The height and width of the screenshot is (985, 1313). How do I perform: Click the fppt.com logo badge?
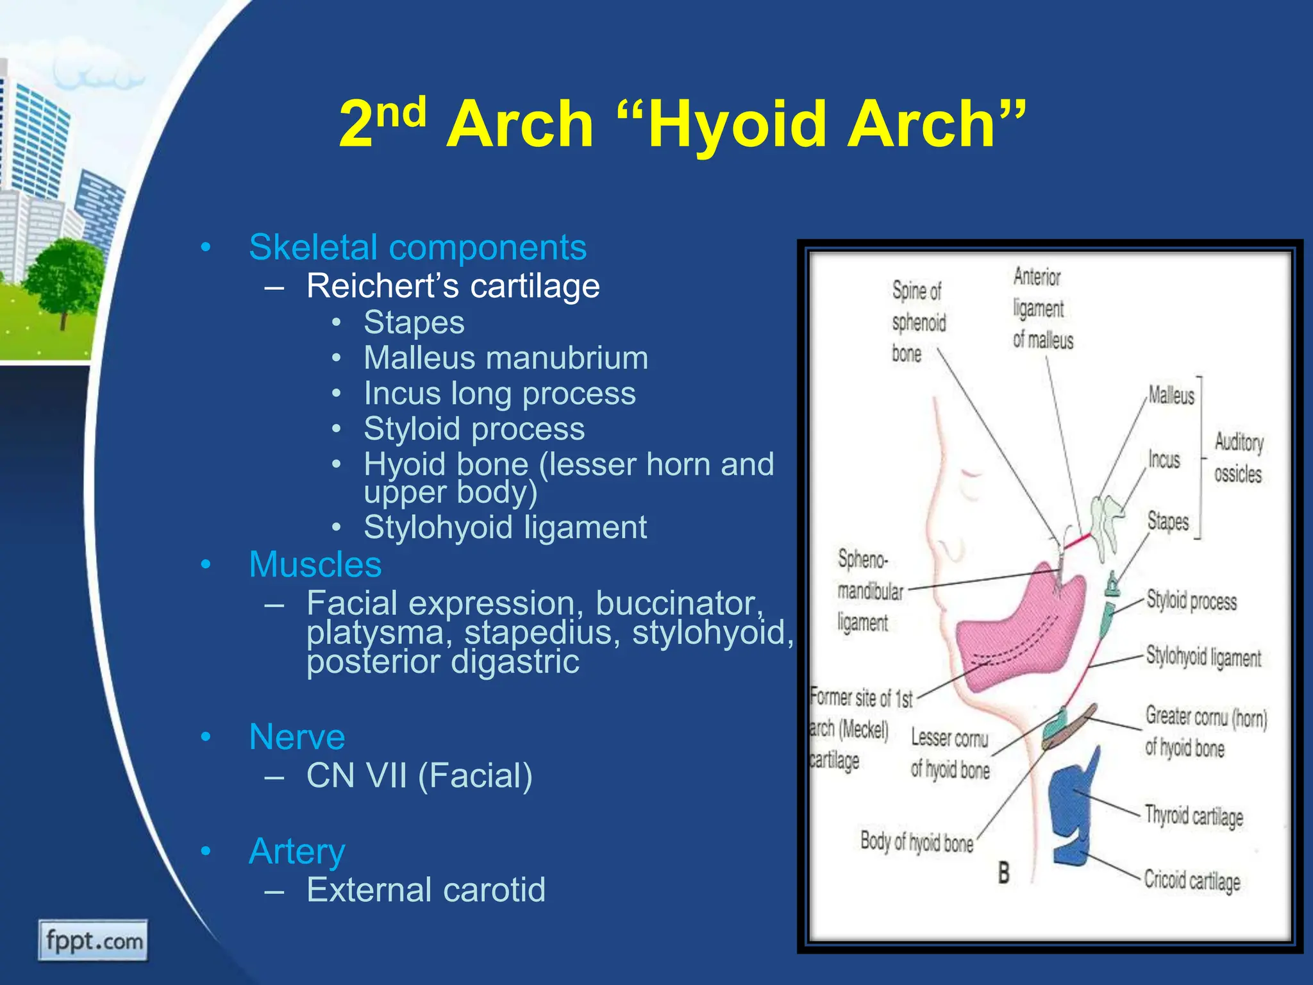click(93, 941)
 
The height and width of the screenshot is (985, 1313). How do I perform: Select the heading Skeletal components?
click(417, 248)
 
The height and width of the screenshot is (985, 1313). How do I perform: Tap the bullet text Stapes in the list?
click(414, 323)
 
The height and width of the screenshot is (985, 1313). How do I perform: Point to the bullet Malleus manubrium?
click(505, 358)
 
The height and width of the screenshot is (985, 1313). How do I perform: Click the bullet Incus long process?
click(499, 394)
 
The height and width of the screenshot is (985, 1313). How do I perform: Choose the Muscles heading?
click(315, 565)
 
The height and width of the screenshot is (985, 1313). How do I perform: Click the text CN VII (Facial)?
click(419, 776)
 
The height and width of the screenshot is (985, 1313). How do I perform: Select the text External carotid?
click(426, 890)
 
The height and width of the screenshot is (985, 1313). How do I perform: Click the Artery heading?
click(297, 852)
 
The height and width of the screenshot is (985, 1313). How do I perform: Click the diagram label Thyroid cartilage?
click(1194, 816)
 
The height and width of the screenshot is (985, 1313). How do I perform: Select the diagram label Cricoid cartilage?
click(1192, 880)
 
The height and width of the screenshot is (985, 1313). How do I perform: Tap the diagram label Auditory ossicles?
click(1238, 458)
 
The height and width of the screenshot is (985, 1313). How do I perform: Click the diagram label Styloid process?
click(1191, 601)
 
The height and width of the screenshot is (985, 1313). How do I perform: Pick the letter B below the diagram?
click(1003, 873)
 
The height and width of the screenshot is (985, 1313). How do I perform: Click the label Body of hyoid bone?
click(916, 841)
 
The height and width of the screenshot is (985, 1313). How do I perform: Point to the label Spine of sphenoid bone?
click(917, 322)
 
